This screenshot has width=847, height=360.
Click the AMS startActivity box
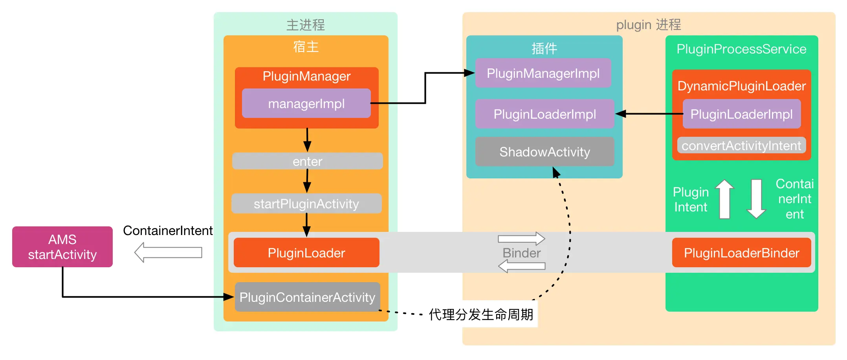62,247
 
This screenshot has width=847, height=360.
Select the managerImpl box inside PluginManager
306,103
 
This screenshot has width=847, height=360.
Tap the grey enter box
307,161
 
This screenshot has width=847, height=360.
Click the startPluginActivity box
306,204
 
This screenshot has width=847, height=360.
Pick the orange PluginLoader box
306,253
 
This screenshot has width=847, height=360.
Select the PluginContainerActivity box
307,297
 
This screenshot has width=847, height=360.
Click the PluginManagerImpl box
543,73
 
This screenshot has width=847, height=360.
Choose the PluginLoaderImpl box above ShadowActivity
544,114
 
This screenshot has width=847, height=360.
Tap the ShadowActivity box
544,152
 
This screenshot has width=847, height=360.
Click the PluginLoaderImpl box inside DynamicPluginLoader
741,114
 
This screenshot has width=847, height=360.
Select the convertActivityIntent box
741,145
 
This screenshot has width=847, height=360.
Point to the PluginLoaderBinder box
741,253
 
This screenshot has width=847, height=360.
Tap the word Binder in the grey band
521,253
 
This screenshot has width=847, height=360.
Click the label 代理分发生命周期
481,314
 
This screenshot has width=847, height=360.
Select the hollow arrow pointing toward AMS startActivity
168,252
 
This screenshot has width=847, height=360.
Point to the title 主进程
306,25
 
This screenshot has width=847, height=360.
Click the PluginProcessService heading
741,49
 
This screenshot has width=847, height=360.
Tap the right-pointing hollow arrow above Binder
521,239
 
